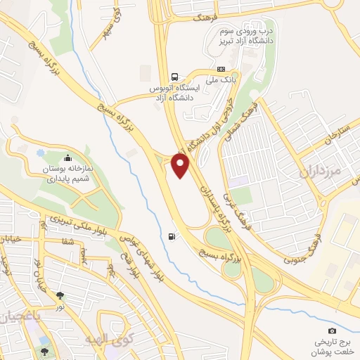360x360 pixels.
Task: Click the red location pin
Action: [181, 165]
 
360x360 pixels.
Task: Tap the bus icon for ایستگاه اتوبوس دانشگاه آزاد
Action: [174, 77]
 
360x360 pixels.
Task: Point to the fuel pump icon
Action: [173, 236]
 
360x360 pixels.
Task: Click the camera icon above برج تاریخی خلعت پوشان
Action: [332, 330]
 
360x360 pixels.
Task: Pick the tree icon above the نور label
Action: [60, 295]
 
